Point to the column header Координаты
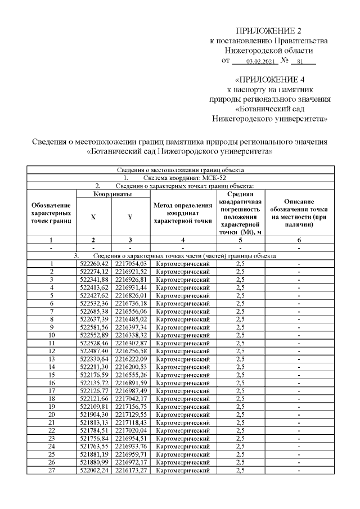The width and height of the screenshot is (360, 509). [x=112, y=194]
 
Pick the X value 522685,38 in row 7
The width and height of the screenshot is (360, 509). [x=94, y=310]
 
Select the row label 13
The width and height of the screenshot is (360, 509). [x=51, y=358]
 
